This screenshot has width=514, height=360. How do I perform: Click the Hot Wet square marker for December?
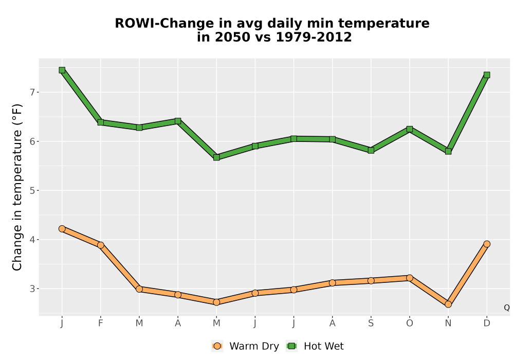pos(487,75)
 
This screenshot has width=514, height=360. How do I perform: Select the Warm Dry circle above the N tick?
pos(448,304)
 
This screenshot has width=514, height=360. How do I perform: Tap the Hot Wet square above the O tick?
pos(410,129)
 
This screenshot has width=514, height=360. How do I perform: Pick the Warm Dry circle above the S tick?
pos(371,281)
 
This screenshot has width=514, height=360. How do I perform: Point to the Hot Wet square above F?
pos(101,122)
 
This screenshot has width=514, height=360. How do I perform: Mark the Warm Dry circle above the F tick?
pos(101,245)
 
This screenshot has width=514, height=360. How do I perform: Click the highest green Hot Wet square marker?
pos(62,70)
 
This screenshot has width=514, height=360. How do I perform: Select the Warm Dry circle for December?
pos(487,244)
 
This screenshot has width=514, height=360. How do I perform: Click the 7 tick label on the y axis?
pos(32,93)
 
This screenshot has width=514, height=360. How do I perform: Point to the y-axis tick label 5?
pos(32,190)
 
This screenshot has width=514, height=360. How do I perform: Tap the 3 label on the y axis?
pos(32,289)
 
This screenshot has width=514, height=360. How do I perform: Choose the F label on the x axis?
pos(101,323)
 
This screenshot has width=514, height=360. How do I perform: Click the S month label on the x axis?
pos(371,323)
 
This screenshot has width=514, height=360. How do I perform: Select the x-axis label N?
pos(448,323)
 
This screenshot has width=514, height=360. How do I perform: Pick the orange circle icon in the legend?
pos(217,346)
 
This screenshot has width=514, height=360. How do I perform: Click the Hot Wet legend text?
pos(324,346)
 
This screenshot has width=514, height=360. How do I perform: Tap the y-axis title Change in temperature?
pos(17,187)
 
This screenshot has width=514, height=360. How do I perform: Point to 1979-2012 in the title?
pos(314,37)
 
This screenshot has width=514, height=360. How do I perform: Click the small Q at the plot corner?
pos(507,308)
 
